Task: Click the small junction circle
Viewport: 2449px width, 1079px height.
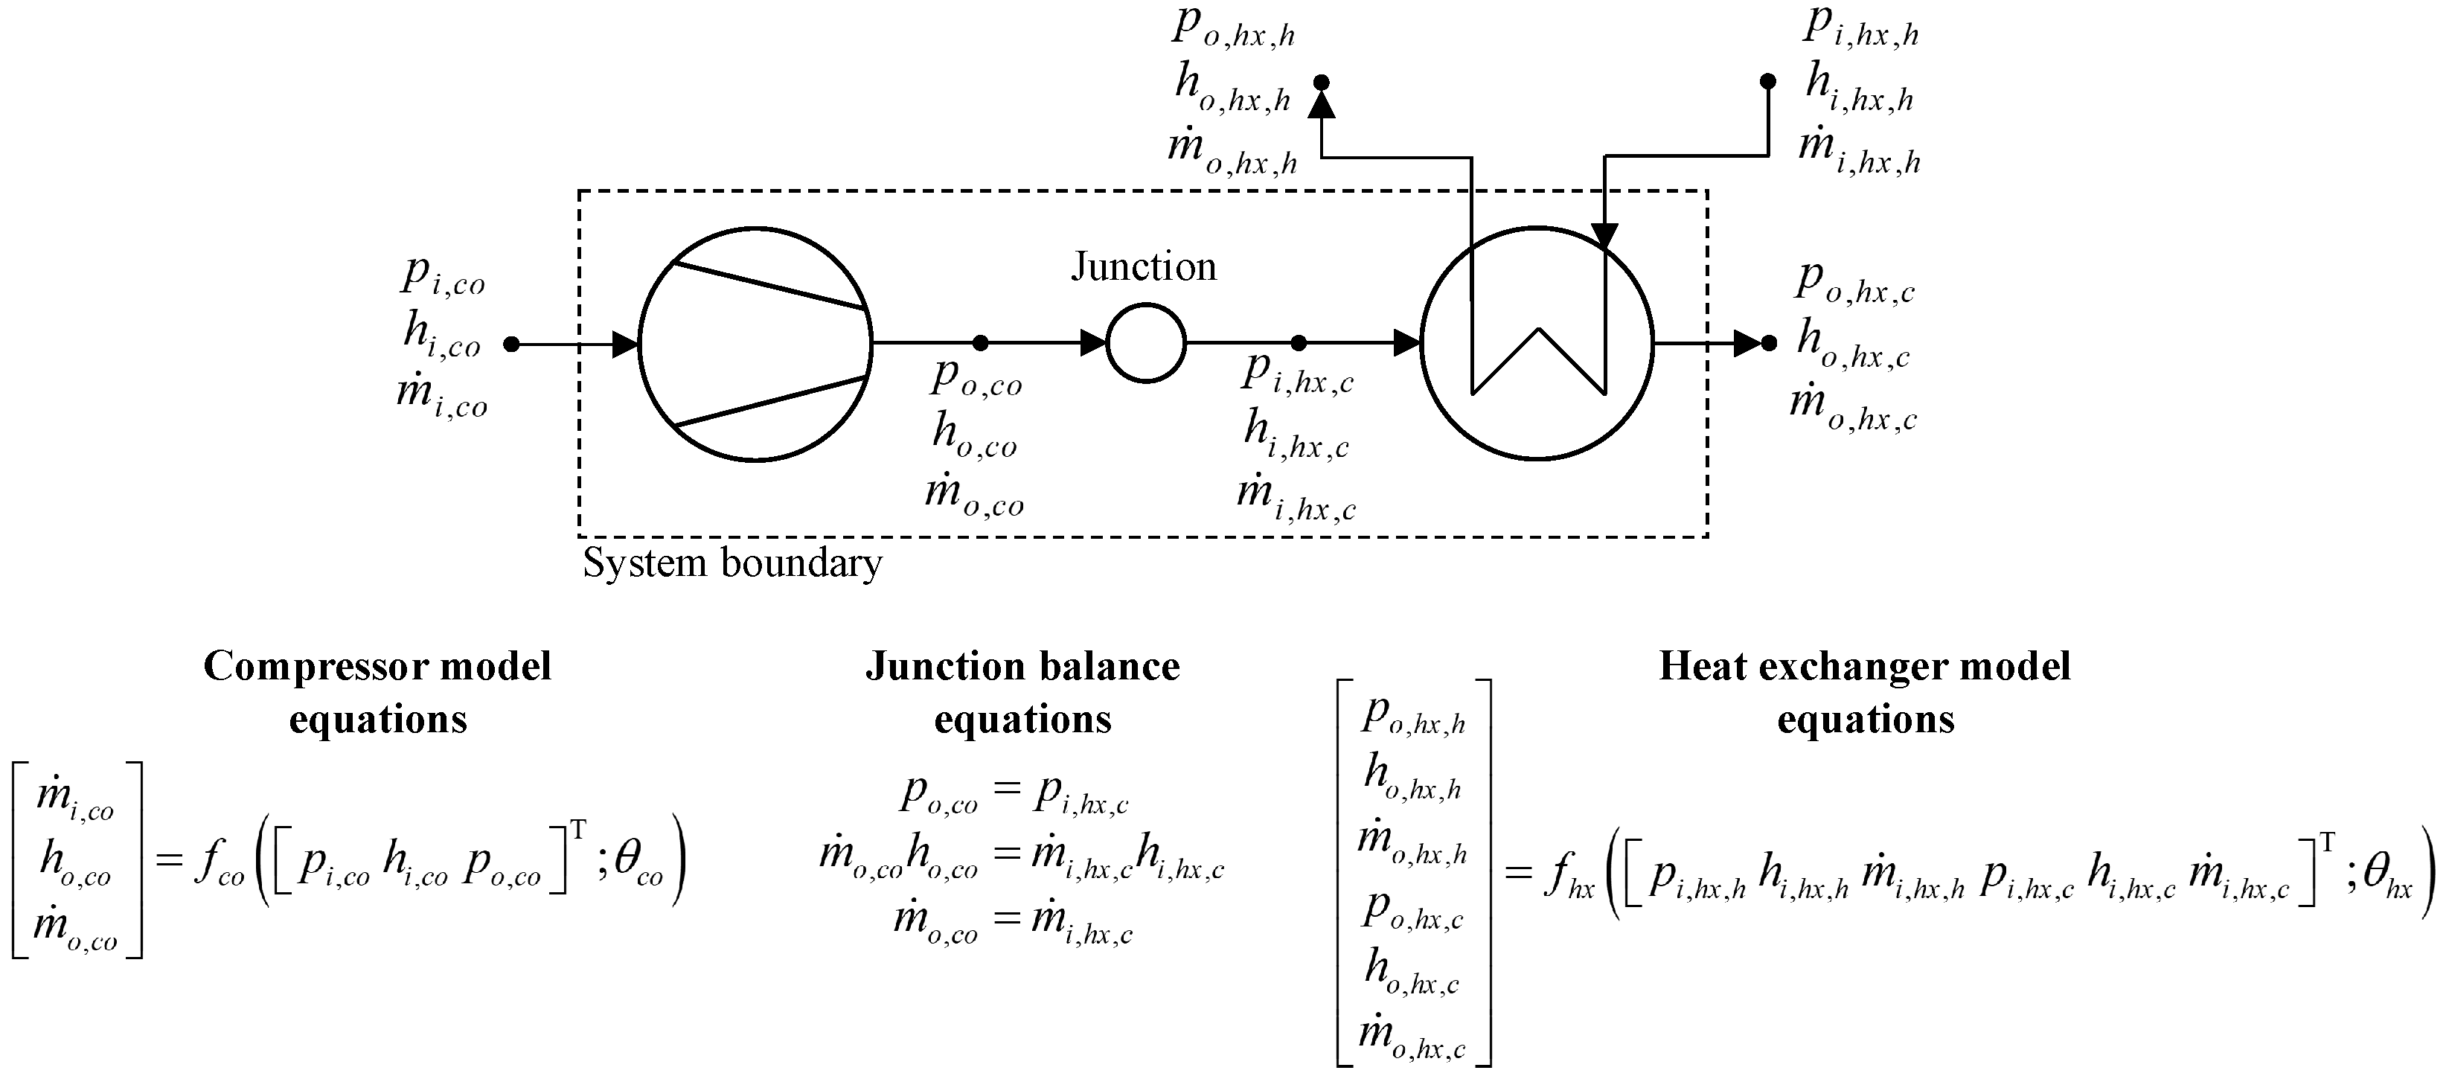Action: [x=1145, y=304]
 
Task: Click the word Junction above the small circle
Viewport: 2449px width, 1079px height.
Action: [x=1144, y=266]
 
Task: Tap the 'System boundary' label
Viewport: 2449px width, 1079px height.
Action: [x=732, y=563]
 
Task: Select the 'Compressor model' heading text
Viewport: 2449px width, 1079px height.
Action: [x=377, y=667]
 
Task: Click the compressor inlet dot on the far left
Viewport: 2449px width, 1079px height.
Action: [x=511, y=343]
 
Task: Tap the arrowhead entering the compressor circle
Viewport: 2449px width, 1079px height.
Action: [x=626, y=343]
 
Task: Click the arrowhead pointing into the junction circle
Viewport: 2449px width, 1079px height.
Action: [x=1093, y=342]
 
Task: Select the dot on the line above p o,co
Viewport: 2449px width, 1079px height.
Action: [x=981, y=342]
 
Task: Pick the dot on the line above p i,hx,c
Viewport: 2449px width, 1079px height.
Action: [x=1299, y=342]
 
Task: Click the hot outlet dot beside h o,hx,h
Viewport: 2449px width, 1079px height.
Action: [x=1321, y=82]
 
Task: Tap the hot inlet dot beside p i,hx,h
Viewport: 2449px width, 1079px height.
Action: [x=1768, y=82]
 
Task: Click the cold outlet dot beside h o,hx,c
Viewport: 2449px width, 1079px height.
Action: [x=1768, y=342]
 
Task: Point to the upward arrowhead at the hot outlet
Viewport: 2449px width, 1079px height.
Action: [x=1322, y=105]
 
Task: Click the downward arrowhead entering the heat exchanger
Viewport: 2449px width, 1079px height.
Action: [x=1605, y=237]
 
